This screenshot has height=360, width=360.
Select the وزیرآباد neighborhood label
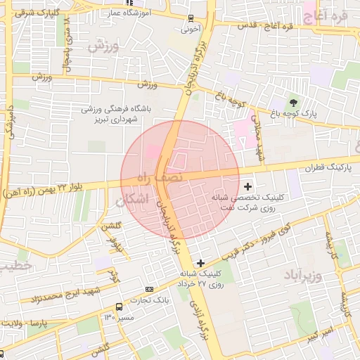(x=302, y=274)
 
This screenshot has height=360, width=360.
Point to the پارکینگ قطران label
(x=328, y=169)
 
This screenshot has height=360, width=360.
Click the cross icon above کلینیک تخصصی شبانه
(x=247, y=186)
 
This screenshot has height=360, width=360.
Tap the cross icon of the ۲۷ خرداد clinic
(x=201, y=262)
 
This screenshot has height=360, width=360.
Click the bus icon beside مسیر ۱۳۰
(x=118, y=307)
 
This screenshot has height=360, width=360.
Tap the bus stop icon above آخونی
(x=191, y=19)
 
